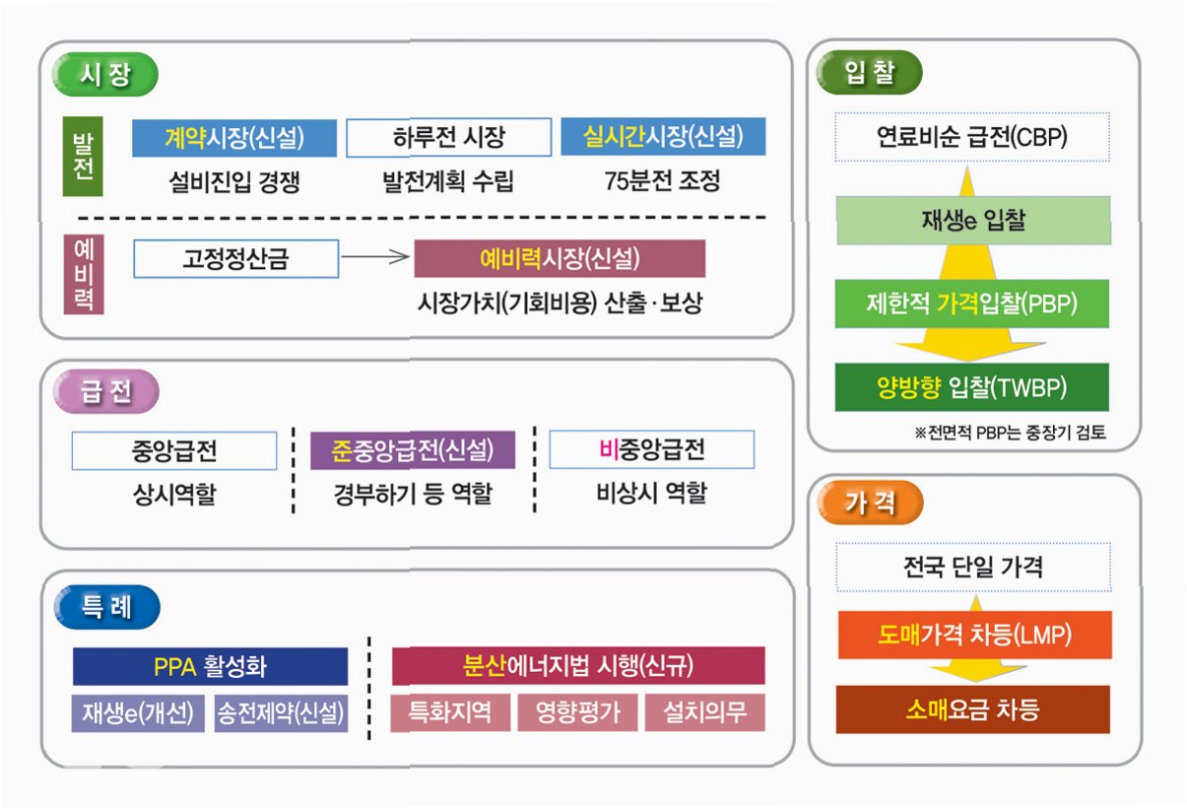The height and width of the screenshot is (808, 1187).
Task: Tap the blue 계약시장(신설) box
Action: click(x=234, y=138)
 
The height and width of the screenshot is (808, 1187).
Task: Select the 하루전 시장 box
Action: click(x=448, y=138)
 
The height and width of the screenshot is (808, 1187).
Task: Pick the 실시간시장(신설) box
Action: click(x=663, y=138)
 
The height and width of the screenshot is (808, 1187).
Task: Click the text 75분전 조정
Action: click(x=663, y=181)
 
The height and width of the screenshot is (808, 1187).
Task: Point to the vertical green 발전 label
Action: click(x=77, y=157)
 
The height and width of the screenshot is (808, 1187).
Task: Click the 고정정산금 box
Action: click(x=235, y=258)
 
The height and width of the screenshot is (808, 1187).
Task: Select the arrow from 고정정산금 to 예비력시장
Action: click(x=375, y=258)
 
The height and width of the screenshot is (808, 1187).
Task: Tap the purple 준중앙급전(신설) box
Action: click(x=412, y=450)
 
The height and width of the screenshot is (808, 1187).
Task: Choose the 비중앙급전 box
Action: click(x=651, y=450)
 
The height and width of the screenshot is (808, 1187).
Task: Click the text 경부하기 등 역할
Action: click(x=412, y=493)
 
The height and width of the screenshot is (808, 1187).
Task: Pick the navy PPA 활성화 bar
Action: click(x=210, y=666)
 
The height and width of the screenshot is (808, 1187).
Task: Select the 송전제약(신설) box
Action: click(x=281, y=712)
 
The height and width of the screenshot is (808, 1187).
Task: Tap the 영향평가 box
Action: click(x=578, y=712)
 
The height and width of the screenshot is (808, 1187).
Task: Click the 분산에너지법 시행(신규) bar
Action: click(x=578, y=666)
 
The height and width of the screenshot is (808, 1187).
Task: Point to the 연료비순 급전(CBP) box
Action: click(x=971, y=137)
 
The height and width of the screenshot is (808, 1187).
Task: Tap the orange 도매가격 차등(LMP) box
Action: click(x=973, y=636)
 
